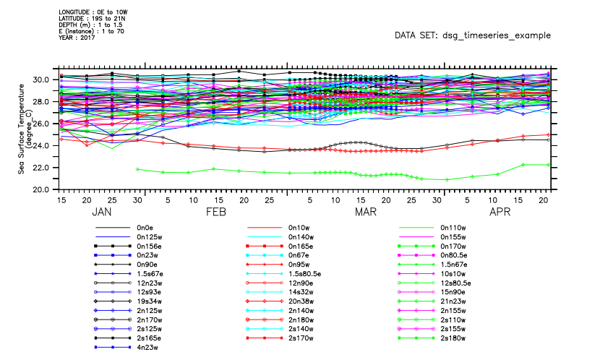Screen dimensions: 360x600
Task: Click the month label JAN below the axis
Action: click(x=103, y=213)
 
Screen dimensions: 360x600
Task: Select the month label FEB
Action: click(x=215, y=213)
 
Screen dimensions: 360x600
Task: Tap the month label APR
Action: click(x=500, y=213)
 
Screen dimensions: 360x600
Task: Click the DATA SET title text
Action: click(x=473, y=35)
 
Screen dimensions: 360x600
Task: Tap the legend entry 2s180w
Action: click(x=453, y=338)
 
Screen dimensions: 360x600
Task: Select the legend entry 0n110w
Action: click(x=453, y=226)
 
